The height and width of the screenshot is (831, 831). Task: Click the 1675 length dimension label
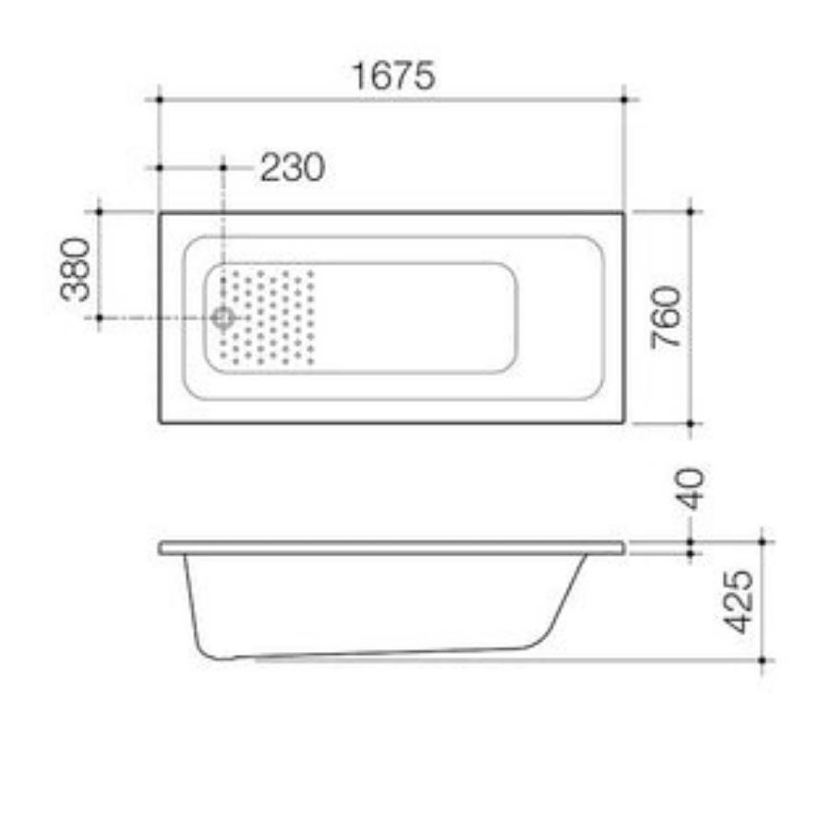pos(391,76)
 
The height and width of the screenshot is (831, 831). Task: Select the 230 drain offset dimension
pos(292,168)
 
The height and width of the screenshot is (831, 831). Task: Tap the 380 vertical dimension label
pos(77,270)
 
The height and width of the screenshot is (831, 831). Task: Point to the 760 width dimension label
pos(666,317)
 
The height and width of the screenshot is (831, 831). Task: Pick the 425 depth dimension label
pos(739,601)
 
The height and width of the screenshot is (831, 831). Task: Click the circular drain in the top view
pos(223,318)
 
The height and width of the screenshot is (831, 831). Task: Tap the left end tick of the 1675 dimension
pos(159,97)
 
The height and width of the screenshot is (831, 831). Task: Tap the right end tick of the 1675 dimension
pos(625,97)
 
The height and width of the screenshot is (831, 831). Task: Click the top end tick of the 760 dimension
pos(691,211)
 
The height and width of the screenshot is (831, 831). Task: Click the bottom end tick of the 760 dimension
pos(691,424)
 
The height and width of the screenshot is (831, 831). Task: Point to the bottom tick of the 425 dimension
pos(763,660)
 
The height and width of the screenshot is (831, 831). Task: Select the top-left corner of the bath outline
pos(160,213)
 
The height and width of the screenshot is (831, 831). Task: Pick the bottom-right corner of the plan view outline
pos(623,422)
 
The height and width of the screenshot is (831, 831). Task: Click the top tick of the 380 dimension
pos(99,211)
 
